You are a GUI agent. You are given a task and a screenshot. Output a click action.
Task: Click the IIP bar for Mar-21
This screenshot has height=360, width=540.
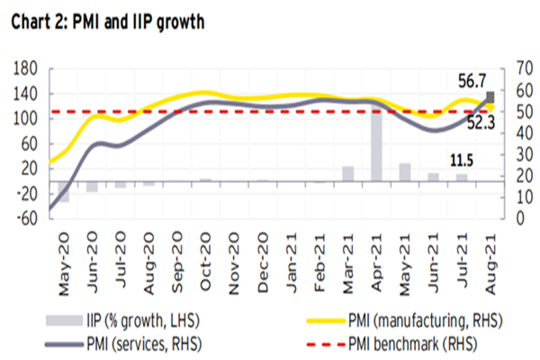coord(347,174)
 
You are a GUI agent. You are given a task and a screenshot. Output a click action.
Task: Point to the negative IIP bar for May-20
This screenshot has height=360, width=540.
coord(64,191)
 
